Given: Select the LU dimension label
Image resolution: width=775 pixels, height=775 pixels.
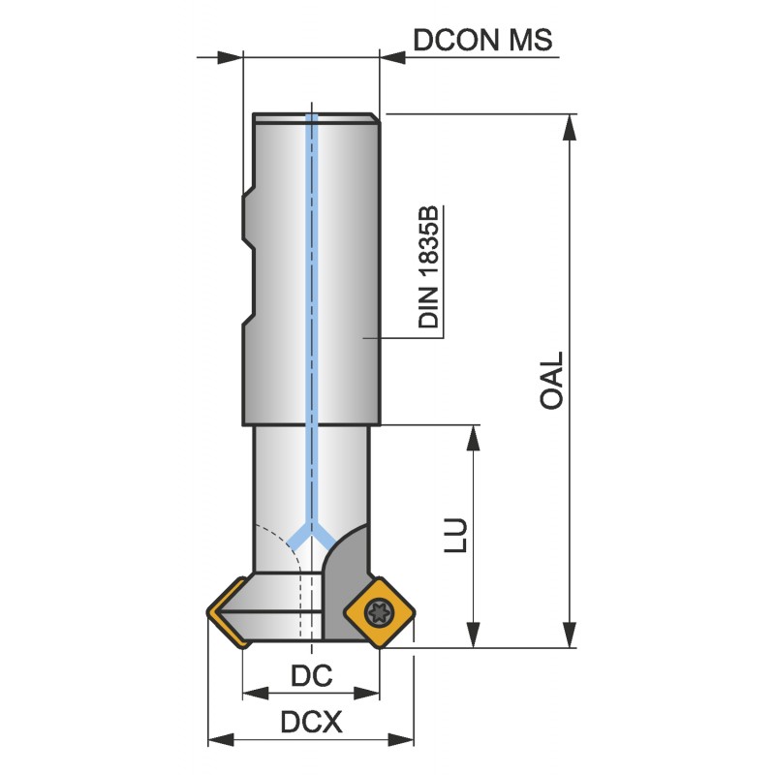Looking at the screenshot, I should (457, 539).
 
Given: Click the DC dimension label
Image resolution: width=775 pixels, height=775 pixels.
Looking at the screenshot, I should (311, 675).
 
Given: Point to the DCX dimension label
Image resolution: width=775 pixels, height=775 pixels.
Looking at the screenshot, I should (311, 723).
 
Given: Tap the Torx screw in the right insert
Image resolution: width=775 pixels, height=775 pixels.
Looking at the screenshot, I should (376, 611).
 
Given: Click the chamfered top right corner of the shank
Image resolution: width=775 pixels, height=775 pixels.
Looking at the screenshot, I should (374, 117).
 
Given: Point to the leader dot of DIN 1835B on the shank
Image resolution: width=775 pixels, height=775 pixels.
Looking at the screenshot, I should (364, 337).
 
